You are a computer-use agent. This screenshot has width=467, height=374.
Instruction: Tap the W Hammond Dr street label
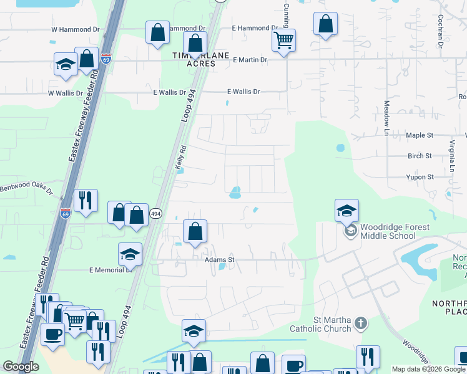click(75, 29)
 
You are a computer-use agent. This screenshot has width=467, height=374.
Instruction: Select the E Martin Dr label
click(250, 60)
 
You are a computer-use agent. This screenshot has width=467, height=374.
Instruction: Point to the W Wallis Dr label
click(66, 93)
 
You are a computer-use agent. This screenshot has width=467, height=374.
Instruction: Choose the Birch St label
click(420, 156)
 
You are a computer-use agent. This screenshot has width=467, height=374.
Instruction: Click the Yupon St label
click(420, 177)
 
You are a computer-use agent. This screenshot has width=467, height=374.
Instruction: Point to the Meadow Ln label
click(386, 118)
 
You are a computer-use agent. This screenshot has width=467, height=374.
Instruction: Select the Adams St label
click(219, 259)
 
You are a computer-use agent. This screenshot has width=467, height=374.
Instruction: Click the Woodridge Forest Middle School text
click(388, 231)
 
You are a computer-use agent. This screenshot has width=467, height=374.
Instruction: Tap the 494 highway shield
click(155, 213)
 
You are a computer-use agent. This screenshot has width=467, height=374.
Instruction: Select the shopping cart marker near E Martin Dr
click(284, 42)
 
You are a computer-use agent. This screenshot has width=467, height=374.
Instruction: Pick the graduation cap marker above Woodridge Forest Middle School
click(347, 211)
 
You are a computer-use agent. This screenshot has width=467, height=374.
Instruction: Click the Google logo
click(20, 367)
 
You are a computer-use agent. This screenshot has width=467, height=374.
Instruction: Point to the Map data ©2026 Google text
click(428, 369)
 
